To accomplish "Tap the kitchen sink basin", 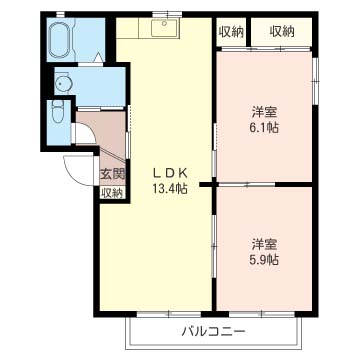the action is tap(165, 28).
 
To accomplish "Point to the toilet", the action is tap(58, 114).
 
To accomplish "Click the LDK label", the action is tap(169, 173).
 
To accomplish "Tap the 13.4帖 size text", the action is tap(170, 190).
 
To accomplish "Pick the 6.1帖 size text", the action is tap(264, 128).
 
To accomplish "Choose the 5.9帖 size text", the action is tap(264, 260).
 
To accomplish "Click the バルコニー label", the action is tap(214, 331).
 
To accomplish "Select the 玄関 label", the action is tap(113, 174).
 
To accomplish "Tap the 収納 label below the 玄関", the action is tap(113, 193).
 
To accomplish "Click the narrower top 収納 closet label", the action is tap(231, 32).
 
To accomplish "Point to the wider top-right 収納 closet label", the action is tap(282, 32).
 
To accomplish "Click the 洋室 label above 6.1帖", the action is tap(264, 112).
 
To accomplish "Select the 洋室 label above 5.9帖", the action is tap(264, 244).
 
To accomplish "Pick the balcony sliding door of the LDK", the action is tap(169, 314).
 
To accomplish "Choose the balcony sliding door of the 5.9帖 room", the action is tap(262, 314).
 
